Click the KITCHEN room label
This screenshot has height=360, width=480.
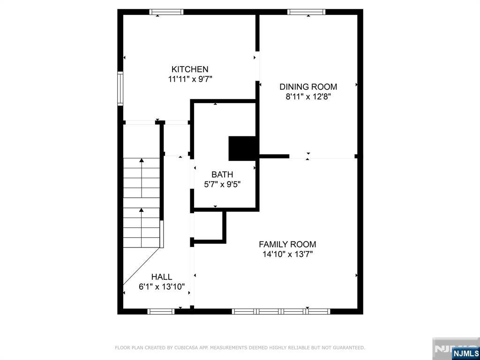[190, 69]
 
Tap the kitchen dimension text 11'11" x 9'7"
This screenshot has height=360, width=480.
[190, 79]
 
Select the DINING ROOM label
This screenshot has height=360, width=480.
[308, 87]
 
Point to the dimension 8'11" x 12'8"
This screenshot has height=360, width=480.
[308, 97]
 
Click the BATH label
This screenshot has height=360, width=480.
[222, 174]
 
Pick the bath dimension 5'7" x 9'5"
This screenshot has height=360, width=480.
[222, 184]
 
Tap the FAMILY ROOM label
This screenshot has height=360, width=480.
[287, 244]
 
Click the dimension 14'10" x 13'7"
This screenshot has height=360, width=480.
[287, 255]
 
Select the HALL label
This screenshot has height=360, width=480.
[161, 277]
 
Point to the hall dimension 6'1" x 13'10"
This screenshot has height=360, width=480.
[161, 287]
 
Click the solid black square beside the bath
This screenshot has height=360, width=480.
[242, 149]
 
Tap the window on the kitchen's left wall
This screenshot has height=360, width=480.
[120, 89]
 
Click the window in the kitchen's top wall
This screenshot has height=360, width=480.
[166, 12]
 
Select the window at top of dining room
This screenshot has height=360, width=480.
[306, 12]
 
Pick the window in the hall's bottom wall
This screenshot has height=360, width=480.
[161, 311]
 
